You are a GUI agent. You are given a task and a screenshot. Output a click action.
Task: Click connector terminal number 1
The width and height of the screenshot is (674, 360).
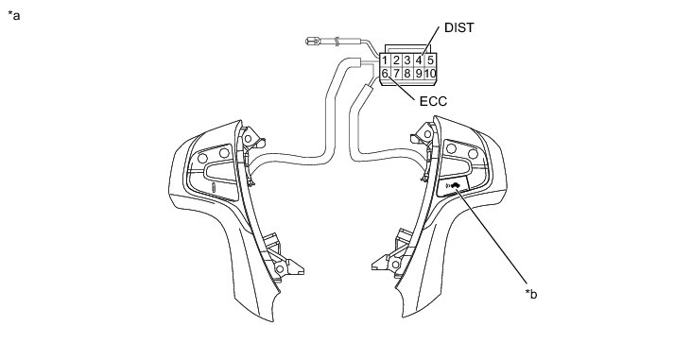click(x=385, y=60)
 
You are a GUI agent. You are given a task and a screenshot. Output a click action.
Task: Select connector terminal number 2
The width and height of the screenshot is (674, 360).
click(x=396, y=60)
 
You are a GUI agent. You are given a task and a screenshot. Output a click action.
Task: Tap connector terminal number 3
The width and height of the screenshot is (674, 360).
click(x=407, y=60)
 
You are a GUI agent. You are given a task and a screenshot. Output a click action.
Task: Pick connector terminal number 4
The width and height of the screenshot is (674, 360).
click(x=418, y=60)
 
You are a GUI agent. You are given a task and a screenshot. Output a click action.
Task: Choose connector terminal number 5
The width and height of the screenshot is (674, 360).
click(x=430, y=60)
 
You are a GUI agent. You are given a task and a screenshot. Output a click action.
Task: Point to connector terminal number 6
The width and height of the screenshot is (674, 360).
click(x=385, y=74)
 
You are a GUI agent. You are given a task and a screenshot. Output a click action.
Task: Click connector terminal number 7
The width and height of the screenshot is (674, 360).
click(x=396, y=74)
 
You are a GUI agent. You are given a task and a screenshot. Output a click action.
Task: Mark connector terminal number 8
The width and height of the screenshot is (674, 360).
click(x=407, y=74)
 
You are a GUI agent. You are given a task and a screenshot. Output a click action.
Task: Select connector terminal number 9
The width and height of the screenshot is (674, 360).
click(x=418, y=74)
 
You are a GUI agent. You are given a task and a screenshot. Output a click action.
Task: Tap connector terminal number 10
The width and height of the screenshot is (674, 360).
click(x=430, y=74)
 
